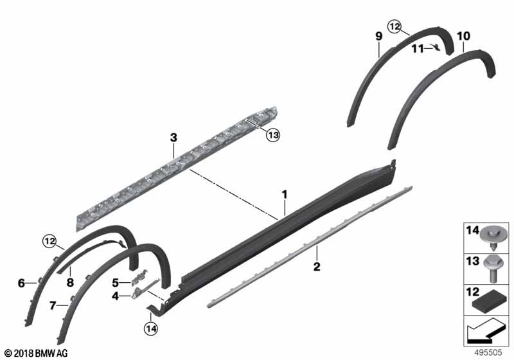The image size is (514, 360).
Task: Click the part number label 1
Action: (x=285, y=194)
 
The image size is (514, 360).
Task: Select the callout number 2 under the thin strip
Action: (x=317, y=267)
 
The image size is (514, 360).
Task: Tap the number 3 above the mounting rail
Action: (x=173, y=138)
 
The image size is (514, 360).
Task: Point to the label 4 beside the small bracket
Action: (x=115, y=296)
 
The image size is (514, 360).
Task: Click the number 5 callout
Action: (x=115, y=283)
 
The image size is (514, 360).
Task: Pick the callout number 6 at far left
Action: (x=21, y=283)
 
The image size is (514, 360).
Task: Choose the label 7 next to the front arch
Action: (x=53, y=305)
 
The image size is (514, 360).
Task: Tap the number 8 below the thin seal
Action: (x=70, y=282)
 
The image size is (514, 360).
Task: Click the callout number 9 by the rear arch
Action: (x=379, y=36)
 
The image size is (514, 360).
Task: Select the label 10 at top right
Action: (x=463, y=36)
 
